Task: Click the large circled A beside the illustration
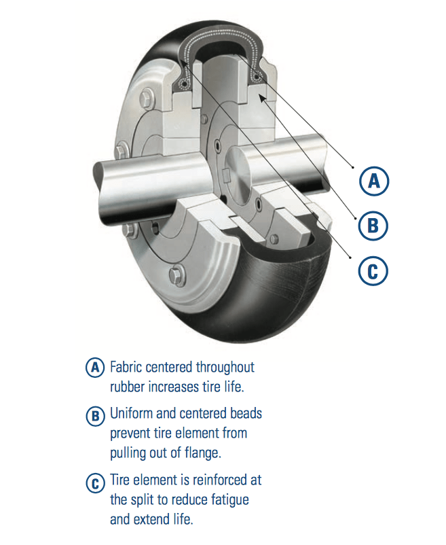click(374, 181)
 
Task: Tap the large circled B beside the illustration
click(373, 225)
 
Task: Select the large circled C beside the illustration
click(373, 270)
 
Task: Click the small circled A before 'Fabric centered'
click(95, 368)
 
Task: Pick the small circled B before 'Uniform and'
click(95, 415)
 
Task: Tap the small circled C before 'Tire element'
click(95, 483)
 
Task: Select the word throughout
click(225, 367)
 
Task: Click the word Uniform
click(132, 414)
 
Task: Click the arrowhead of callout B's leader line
click(263, 99)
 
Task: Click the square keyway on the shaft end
click(226, 175)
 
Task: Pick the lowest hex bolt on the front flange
click(177, 276)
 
